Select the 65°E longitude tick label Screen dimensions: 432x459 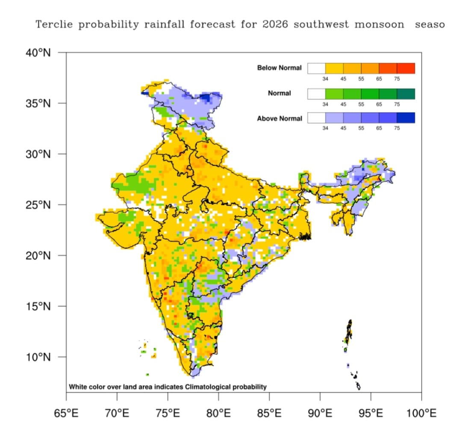coord(66,414)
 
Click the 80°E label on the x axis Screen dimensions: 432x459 coord(218,414)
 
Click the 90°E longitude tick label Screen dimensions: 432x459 coord(320,414)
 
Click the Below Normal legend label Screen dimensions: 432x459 coord(279,68)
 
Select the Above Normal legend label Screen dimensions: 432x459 coord(279,118)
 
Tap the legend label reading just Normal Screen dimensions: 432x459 coord(279,93)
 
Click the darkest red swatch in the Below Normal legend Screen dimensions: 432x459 coord(406,68)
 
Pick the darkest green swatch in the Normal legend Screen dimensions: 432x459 coord(406,94)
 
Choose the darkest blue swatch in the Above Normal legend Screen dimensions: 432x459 coord(406,118)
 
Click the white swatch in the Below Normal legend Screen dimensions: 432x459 coord(316,68)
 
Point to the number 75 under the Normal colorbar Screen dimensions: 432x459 coord(397,104)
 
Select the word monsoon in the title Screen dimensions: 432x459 coord(379,24)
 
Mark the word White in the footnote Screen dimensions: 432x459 coord(78,387)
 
